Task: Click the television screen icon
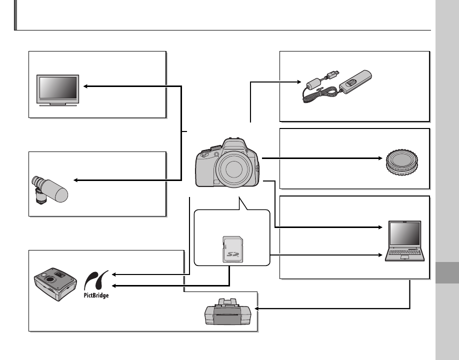coord(57,88)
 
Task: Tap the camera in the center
coord(228,163)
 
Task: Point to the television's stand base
coord(57,106)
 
